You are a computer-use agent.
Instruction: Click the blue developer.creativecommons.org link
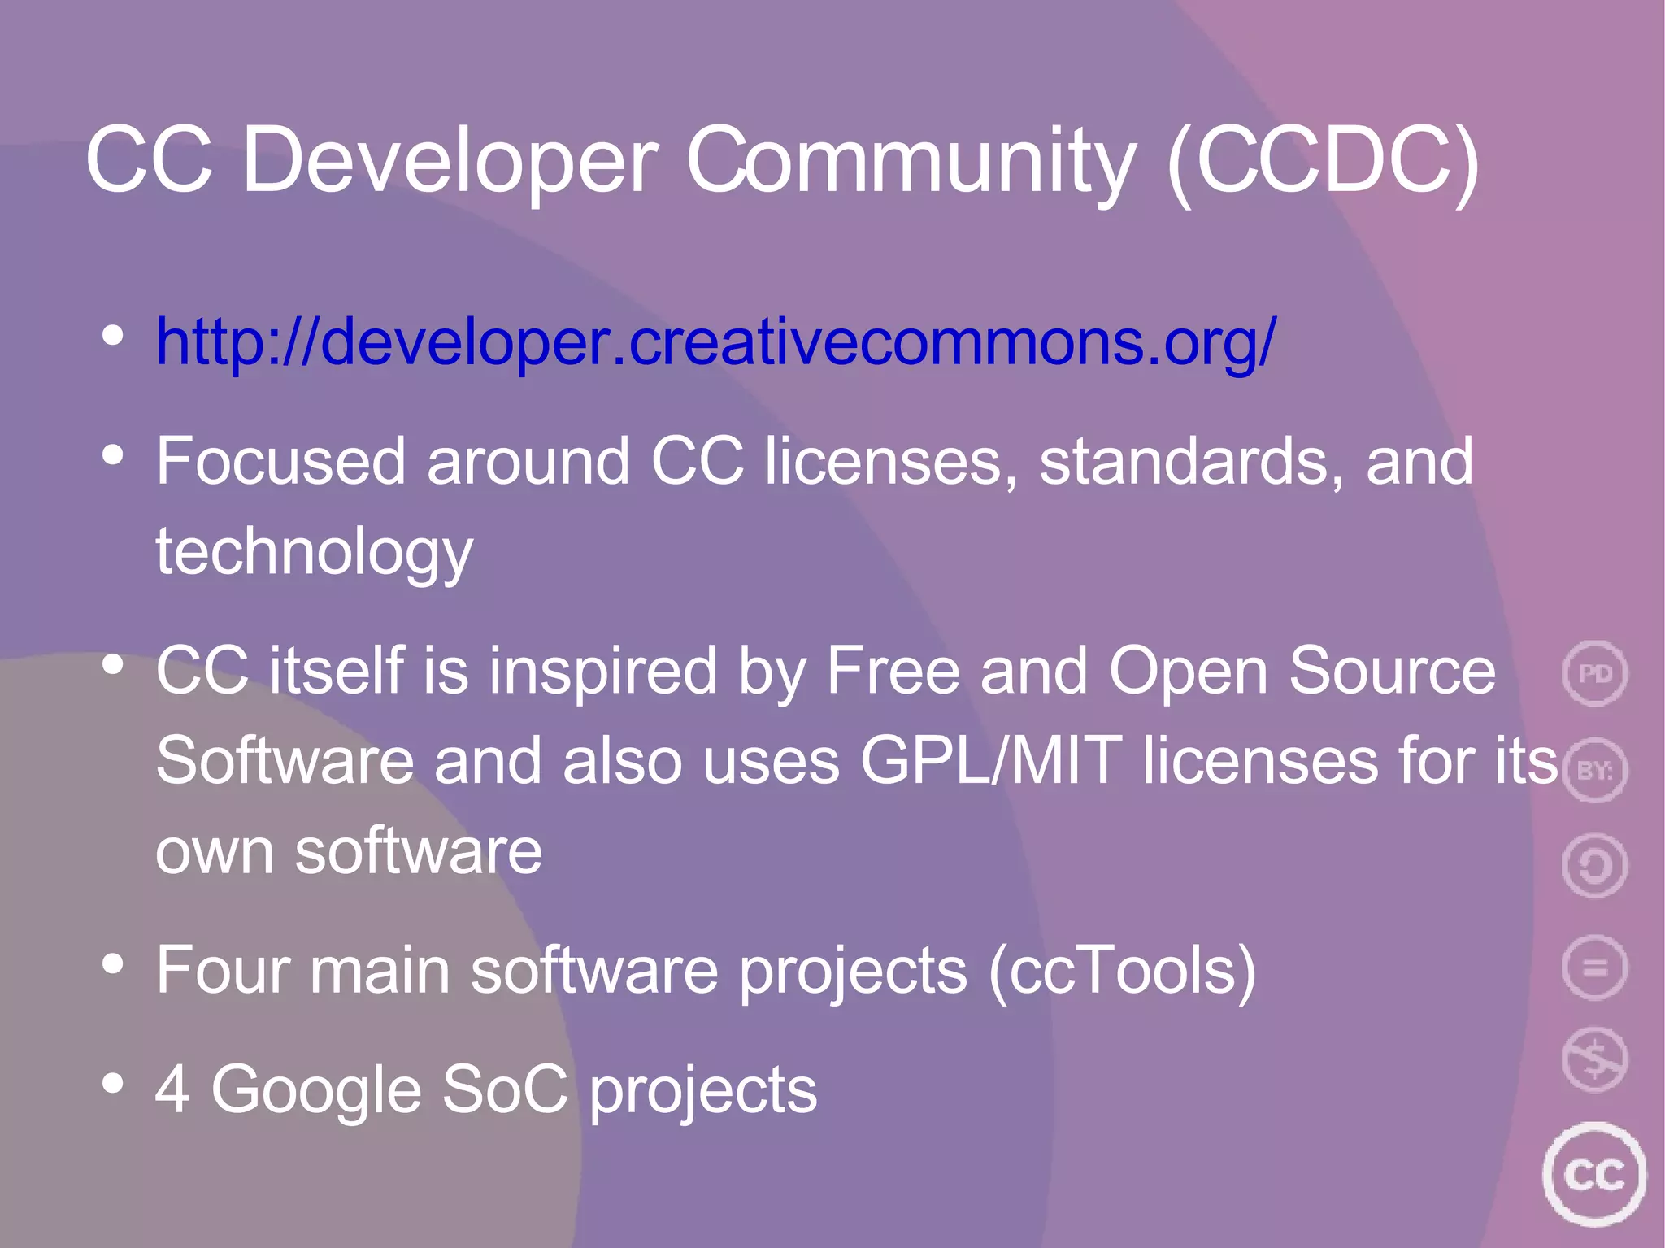pos(715,342)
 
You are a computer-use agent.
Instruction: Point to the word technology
pos(314,552)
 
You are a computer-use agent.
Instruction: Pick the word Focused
pos(280,462)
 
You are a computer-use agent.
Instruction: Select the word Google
pos(316,1089)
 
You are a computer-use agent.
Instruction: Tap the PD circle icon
pos(1594,673)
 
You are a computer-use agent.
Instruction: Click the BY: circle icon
pos(1594,770)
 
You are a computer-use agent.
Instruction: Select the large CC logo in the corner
pos(1593,1174)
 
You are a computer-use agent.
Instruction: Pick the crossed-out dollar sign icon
pos(1594,1059)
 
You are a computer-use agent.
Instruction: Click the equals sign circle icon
pos(1594,968)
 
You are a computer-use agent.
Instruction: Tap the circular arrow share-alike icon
pos(1594,866)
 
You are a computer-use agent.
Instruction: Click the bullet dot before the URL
pos(113,335)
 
